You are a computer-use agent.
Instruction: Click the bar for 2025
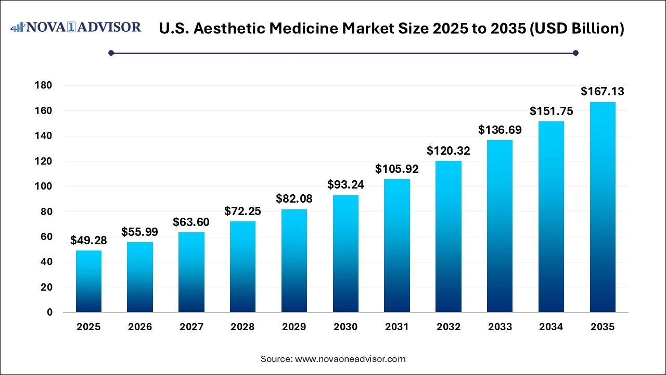[88, 281]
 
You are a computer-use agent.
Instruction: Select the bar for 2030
[345, 254]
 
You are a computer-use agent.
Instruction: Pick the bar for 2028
[242, 267]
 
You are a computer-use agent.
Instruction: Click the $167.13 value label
[603, 92]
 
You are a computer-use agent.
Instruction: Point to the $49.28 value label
[88, 241]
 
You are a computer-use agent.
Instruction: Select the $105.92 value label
[397, 169]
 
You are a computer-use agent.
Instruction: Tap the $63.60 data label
[191, 222]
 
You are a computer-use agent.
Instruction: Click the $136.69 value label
[499, 130]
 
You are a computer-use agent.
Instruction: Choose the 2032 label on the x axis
[449, 327]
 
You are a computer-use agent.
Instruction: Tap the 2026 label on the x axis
[140, 327]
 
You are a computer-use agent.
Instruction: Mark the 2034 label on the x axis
[551, 327]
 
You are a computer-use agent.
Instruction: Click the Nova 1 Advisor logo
[76, 27]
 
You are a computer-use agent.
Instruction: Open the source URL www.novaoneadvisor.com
[350, 359]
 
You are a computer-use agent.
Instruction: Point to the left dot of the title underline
[111, 53]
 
